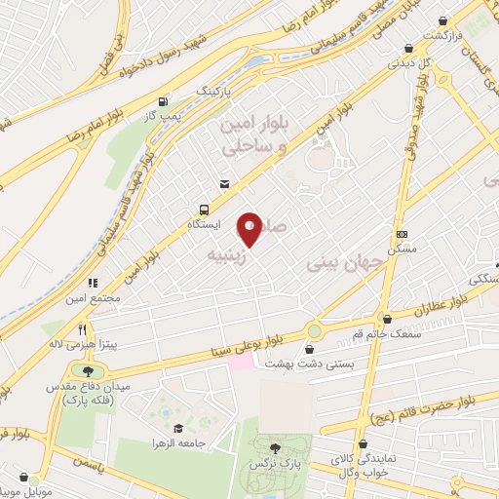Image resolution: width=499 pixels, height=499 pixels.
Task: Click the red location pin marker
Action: pyautogui.click(x=250, y=229)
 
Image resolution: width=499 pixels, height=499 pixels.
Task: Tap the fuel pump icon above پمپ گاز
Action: pyautogui.click(x=163, y=100)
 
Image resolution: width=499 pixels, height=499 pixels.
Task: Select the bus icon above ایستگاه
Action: pyautogui.click(x=204, y=209)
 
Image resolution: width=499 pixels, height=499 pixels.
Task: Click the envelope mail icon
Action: pyautogui.click(x=225, y=183)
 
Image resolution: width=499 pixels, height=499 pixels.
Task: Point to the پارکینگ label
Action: pyautogui.click(x=215, y=90)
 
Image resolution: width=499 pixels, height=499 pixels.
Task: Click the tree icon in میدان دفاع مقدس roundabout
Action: pyautogui.click(x=89, y=371)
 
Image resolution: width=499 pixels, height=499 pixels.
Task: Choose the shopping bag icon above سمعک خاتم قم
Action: pyautogui.click(x=389, y=318)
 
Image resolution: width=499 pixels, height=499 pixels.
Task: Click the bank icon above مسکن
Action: pyautogui.click(x=402, y=233)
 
